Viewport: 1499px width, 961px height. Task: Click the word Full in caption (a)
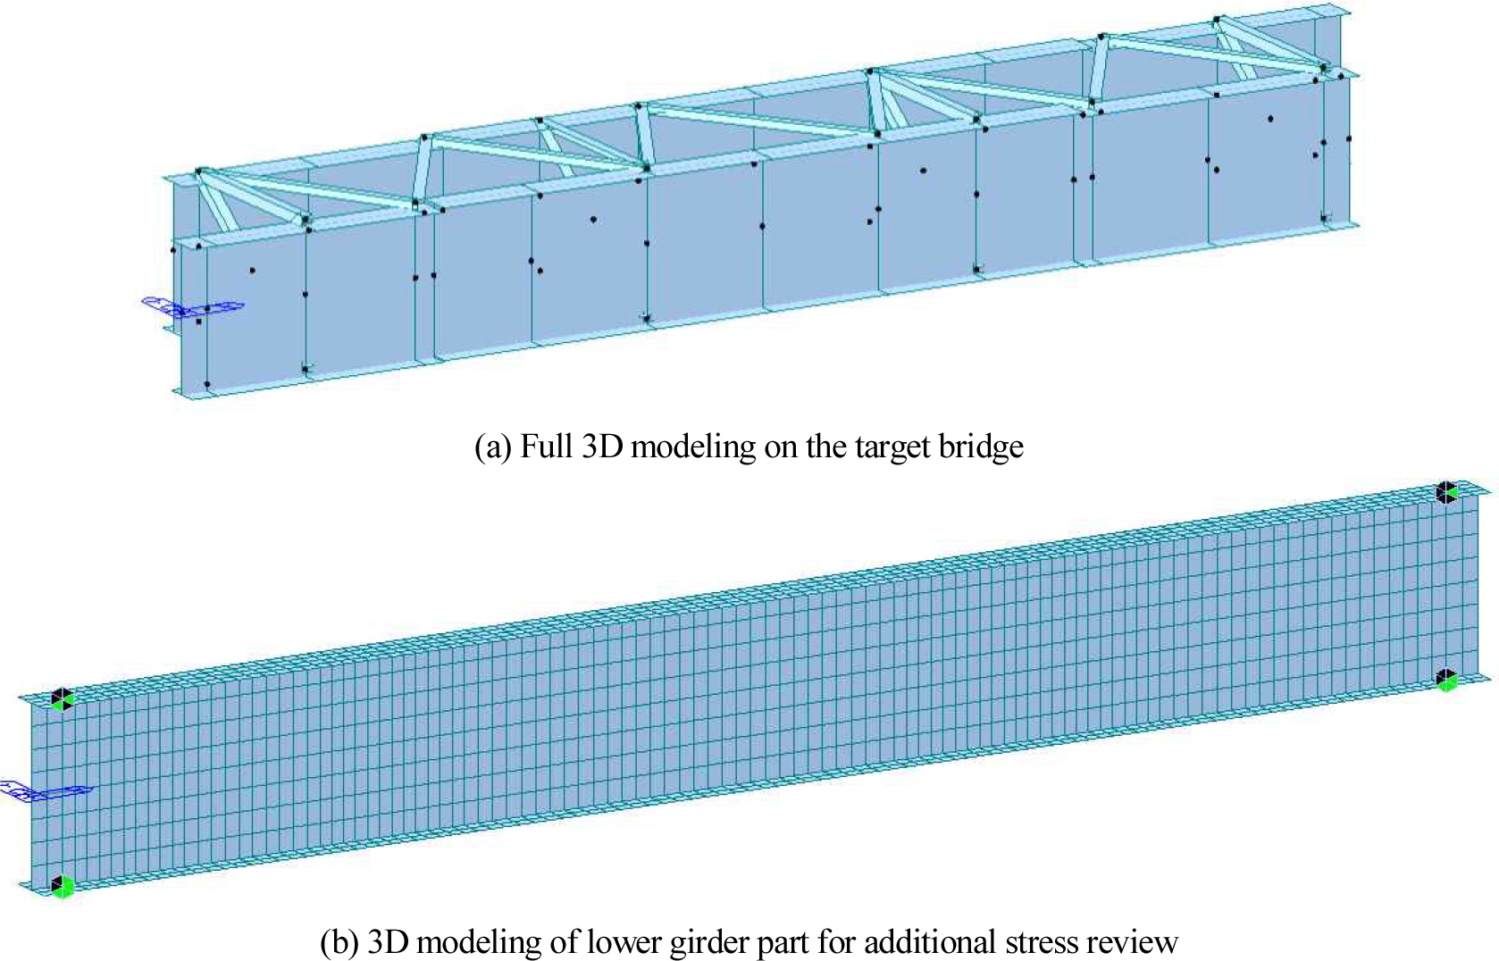[x=547, y=446]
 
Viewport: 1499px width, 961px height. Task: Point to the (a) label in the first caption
[x=493, y=446]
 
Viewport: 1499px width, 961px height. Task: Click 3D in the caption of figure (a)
[x=602, y=446]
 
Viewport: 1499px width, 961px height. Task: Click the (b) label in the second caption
[x=339, y=941]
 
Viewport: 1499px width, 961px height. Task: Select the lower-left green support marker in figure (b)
[x=61, y=886]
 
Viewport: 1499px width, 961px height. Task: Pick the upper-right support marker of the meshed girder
[x=1446, y=492]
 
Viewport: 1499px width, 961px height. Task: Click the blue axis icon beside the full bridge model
[x=192, y=307]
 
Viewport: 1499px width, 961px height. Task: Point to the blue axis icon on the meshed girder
[x=45, y=791]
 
